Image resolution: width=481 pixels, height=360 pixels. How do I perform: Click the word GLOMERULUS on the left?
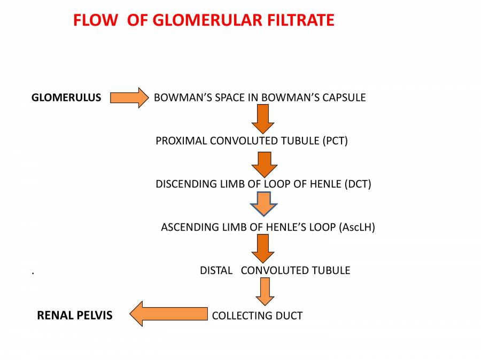pos(66,98)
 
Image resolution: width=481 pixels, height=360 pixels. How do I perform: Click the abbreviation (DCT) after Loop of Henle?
pos(358,184)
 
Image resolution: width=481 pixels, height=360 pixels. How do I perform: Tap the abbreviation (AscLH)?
pos(357,227)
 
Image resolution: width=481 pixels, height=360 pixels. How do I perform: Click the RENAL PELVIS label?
pos(74,315)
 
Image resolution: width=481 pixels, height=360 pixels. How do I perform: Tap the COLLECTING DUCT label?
pos(257,316)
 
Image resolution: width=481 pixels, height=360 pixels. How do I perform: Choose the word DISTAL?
pos(216,270)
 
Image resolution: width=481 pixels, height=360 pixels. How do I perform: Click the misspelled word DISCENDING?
pos(185,184)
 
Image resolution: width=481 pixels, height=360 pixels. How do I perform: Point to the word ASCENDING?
pos(189,227)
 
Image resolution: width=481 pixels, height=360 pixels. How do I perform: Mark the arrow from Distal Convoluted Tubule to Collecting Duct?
pos(265,292)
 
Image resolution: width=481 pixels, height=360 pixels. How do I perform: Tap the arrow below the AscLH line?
pos(263,248)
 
